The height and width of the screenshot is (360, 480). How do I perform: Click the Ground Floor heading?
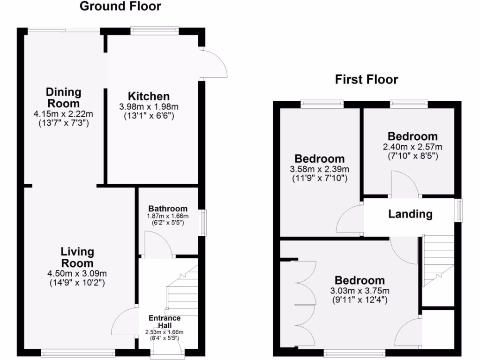pos(120,7)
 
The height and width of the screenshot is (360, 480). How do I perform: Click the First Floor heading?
pos(366,80)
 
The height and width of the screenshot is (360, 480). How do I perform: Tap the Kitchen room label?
pos(149,96)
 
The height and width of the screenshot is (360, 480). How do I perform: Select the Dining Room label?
pos(63,97)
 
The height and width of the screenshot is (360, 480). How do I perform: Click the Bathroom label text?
pos(168,209)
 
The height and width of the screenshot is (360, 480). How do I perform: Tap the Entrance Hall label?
pos(165,322)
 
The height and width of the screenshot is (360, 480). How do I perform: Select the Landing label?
pos(410,214)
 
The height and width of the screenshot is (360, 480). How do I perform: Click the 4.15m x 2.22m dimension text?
pos(63,114)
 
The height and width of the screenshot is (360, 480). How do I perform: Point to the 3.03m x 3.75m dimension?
pos(360,291)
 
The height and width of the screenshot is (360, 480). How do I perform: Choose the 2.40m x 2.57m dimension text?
pos(412,147)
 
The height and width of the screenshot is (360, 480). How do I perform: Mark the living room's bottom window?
pos(77,352)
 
